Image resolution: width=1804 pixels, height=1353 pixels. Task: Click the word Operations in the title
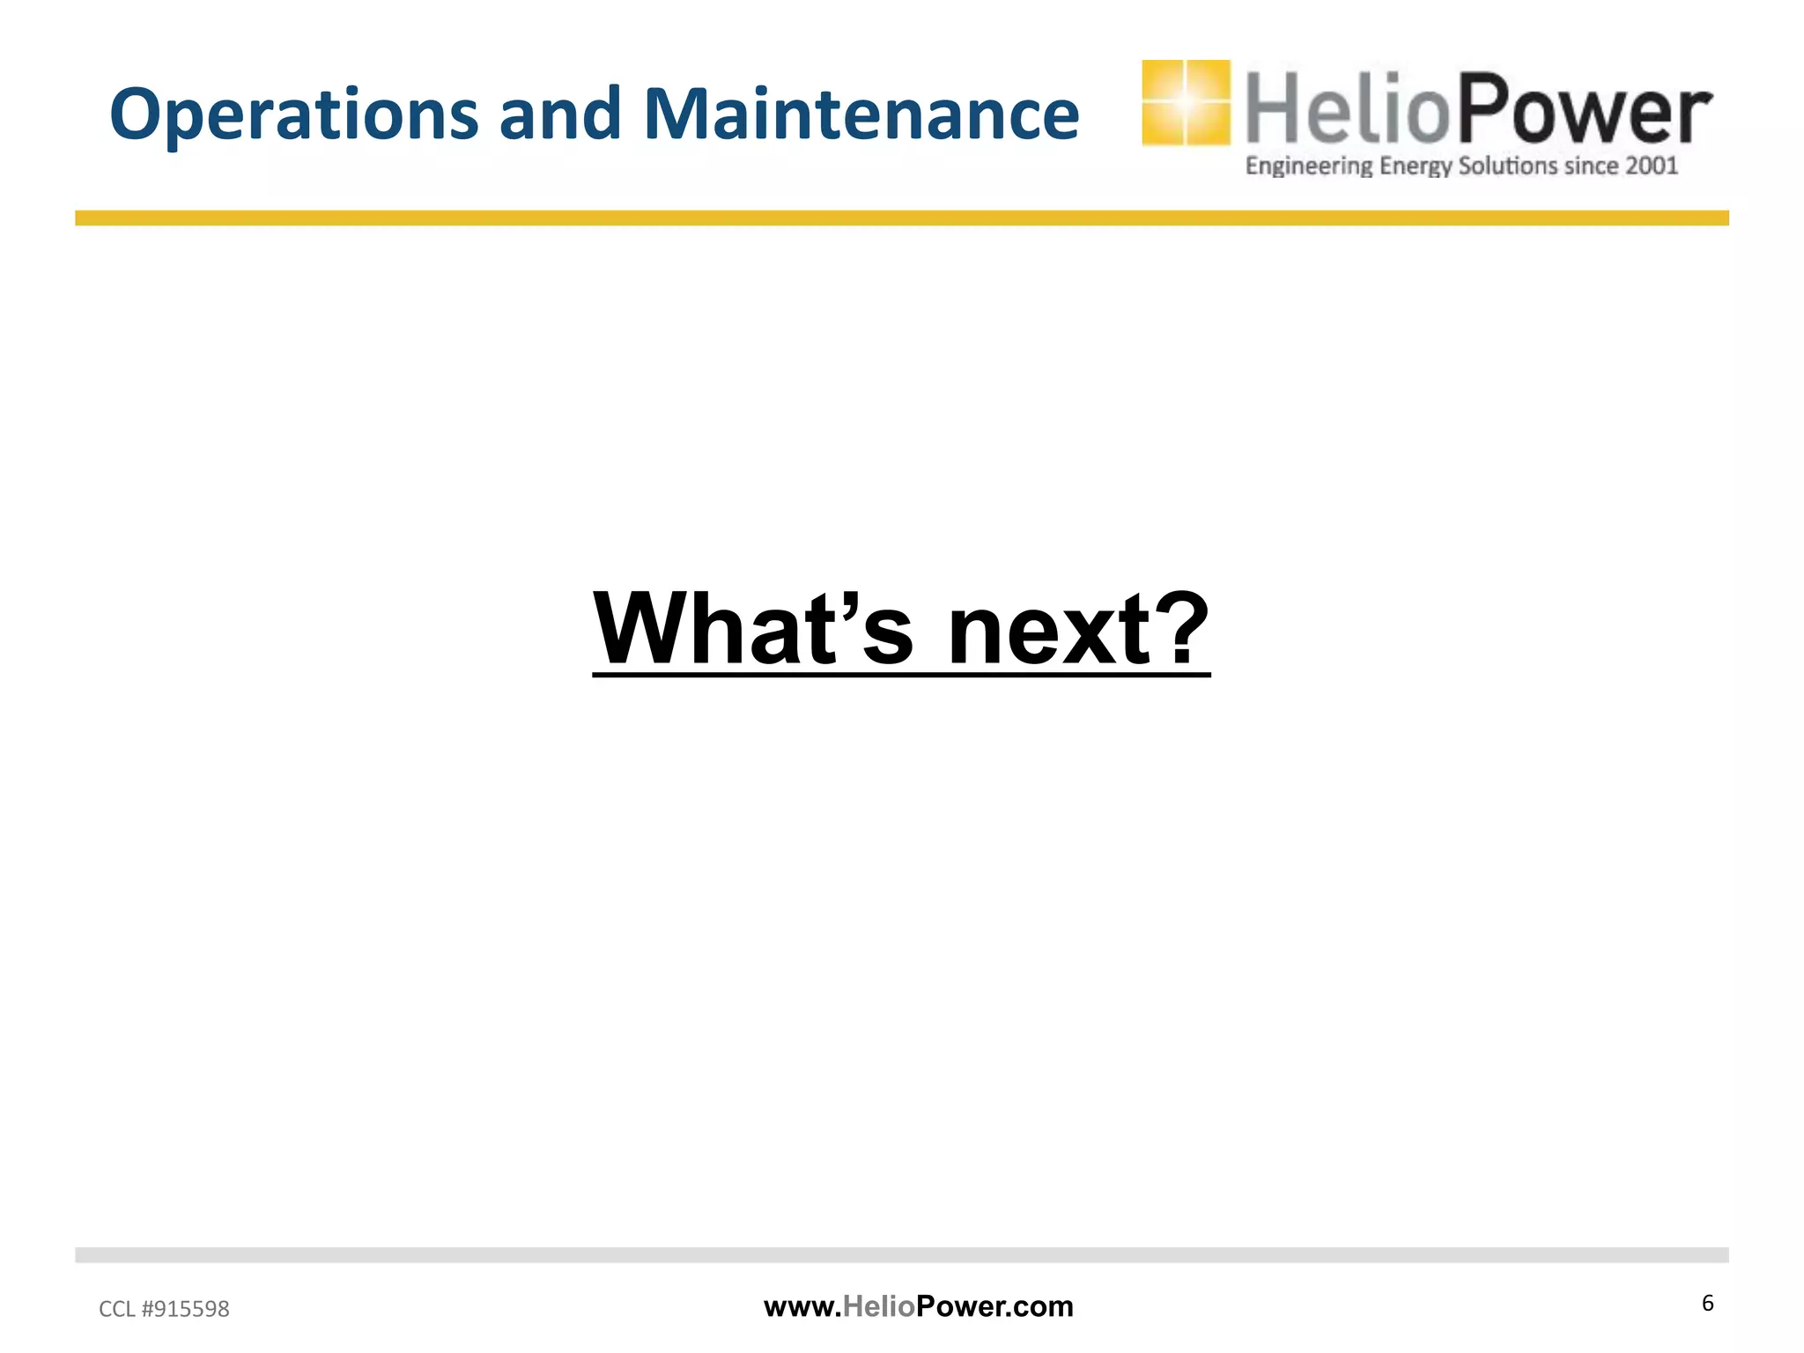click(293, 115)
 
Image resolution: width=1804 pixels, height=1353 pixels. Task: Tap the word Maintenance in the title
click(861, 115)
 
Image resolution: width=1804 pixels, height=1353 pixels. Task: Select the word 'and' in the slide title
click(560, 115)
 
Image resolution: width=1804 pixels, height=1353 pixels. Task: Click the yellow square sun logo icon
click(1186, 102)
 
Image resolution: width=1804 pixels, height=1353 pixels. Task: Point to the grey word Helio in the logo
click(1347, 109)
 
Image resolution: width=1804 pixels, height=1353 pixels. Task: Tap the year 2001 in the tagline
click(1652, 166)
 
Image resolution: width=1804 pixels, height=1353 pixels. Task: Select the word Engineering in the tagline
click(1309, 166)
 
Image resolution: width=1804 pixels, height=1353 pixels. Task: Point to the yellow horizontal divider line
click(902, 218)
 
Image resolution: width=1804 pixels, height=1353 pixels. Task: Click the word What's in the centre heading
click(753, 629)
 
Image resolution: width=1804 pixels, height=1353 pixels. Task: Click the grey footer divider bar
click(902, 1254)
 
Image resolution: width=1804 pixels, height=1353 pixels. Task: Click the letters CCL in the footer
click(117, 1309)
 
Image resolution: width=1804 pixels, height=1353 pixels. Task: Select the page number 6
click(1707, 1303)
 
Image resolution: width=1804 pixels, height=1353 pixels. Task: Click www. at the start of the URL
click(802, 1306)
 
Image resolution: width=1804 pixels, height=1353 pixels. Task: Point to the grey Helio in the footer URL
click(879, 1306)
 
